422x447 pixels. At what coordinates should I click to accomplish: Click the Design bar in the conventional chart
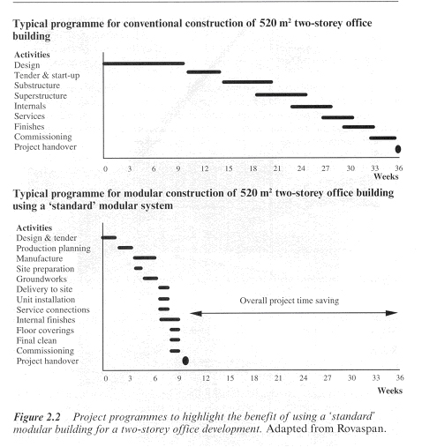point(144,63)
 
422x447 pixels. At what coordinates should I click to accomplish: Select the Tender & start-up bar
point(204,71)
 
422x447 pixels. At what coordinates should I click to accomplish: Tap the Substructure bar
point(247,82)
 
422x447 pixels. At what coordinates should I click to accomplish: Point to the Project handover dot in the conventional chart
point(398,149)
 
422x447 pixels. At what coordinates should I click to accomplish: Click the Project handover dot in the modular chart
point(185,361)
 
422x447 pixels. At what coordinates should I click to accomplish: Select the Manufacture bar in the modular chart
point(145,257)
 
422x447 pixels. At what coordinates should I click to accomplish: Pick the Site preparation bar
point(139,268)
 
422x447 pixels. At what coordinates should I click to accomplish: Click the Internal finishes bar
point(170,319)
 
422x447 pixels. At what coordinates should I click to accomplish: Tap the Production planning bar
point(125,248)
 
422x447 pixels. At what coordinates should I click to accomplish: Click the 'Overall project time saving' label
point(290,301)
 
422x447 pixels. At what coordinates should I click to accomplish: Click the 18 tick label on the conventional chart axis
point(253,168)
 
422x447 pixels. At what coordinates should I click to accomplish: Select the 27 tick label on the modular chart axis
point(328,378)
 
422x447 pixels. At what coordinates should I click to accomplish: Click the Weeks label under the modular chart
point(390,391)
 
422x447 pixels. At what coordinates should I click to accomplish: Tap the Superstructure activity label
point(41,96)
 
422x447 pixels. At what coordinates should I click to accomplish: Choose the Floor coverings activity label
point(45,331)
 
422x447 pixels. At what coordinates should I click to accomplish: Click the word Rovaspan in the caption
point(361,428)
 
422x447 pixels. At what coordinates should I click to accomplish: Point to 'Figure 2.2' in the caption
point(37,417)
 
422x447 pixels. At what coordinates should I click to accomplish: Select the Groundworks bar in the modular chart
point(150,279)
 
